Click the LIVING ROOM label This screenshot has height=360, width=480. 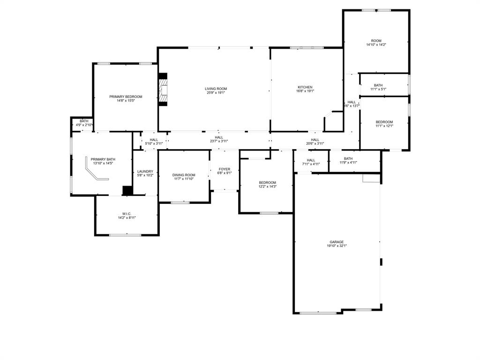point(216,89)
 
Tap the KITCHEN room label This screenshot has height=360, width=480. point(305,87)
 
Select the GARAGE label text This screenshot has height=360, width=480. point(337,242)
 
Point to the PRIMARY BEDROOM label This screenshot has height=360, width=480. point(126,97)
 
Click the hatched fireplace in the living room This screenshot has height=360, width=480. point(163,90)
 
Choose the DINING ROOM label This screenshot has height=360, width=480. point(184,175)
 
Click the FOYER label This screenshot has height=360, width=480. point(225,169)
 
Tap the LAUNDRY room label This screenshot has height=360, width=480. point(145,172)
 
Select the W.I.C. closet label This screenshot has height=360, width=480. point(126,214)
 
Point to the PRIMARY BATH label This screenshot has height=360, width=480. point(103,159)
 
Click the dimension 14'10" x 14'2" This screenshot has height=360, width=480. point(376,45)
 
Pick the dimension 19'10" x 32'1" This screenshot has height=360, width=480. point(337,246)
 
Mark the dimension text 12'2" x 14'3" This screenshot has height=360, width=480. point(268,187)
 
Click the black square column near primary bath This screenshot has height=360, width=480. point(127,190)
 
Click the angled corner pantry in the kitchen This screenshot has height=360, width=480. point(333,122)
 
